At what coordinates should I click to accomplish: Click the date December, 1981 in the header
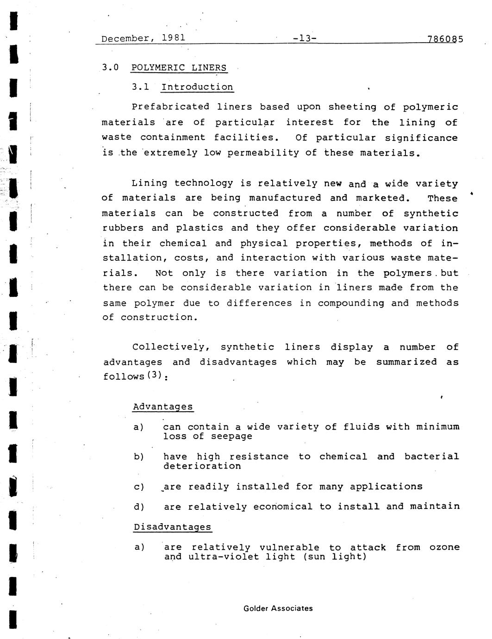tap(143, 38)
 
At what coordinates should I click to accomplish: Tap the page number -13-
tap(305, 38)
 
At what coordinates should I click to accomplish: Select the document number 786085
tap(445, 39)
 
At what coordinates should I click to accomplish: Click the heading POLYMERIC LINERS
tap(179, 68)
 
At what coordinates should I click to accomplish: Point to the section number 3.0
tap(110, 68)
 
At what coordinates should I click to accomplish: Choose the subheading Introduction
tap(197, 87)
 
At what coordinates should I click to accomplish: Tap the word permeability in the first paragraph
tap(263, 153)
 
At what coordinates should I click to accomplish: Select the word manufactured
tap(285, 198)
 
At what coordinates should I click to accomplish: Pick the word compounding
tap(351, 303)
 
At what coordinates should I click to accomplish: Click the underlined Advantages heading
tap(163, 407)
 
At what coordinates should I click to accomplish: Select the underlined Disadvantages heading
tap(172, 527)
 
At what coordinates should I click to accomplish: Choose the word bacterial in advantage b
tap(431, 457)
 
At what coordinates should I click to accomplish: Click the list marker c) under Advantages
tap(139, 487)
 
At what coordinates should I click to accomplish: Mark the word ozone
tap(444, 547)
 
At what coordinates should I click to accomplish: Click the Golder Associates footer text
tap(278, 608)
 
